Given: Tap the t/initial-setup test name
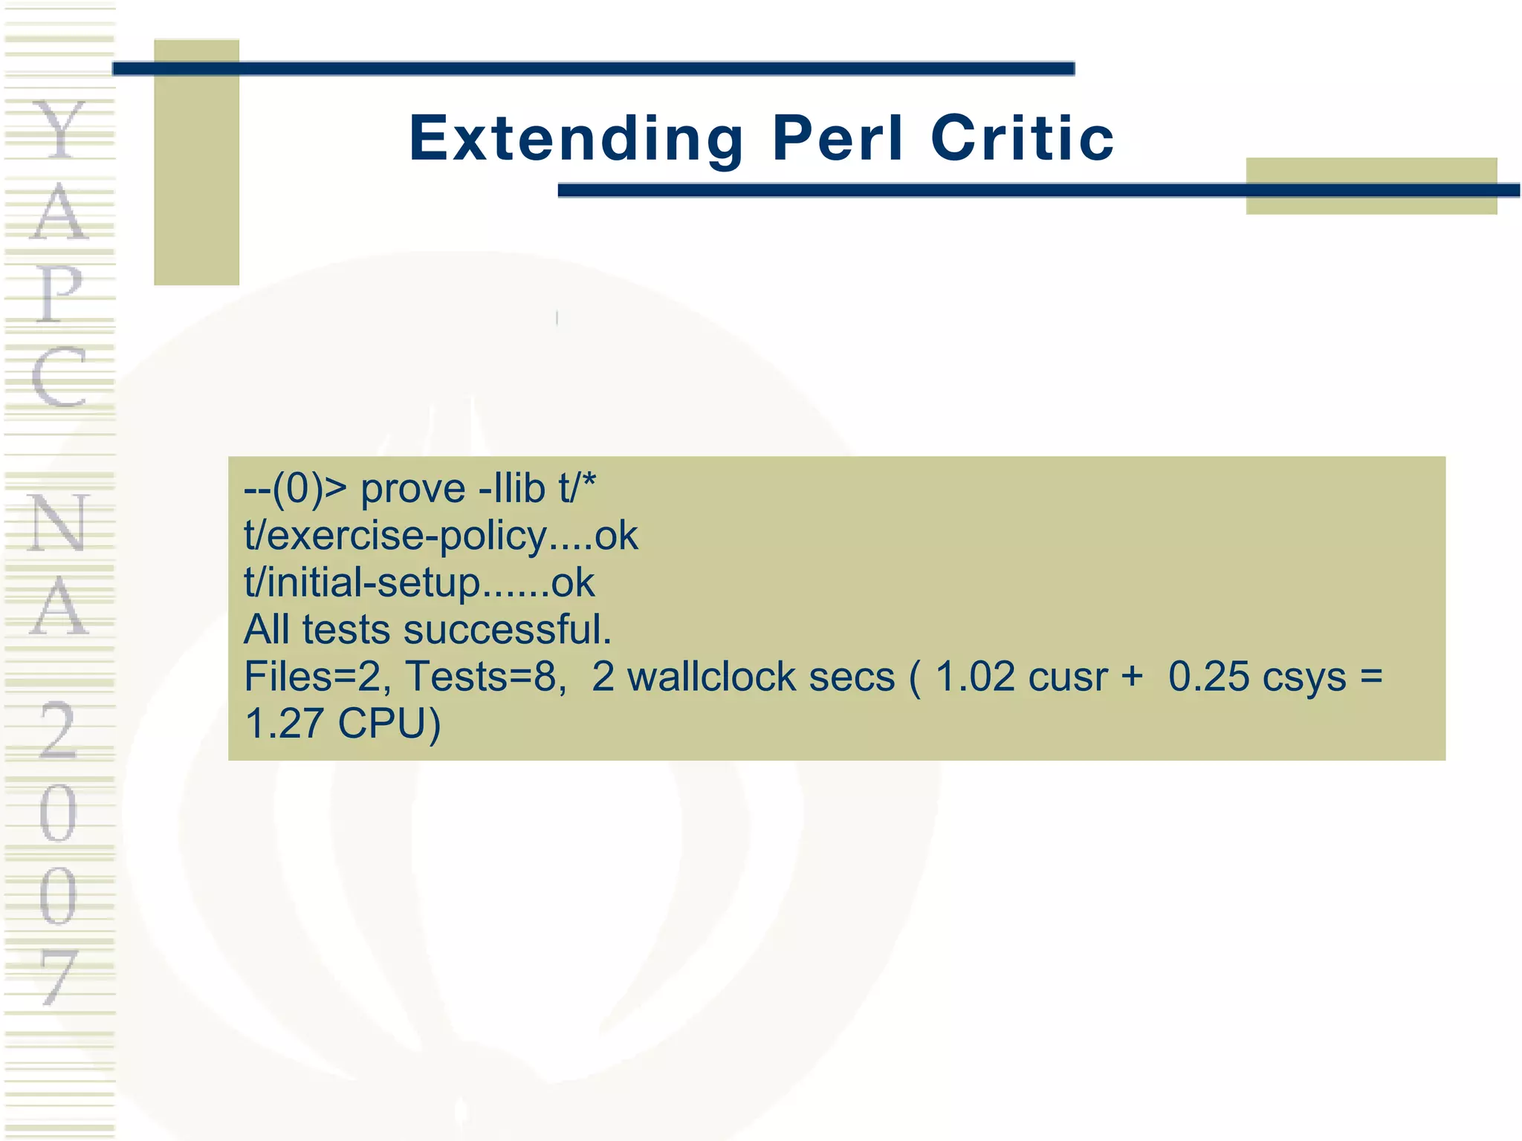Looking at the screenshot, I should point(363,583).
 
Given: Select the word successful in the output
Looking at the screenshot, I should point(508,630).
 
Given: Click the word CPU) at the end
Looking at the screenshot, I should point(389,724).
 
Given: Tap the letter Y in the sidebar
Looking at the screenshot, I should point(59,130).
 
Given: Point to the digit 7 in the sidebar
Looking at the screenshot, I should point(59,977).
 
